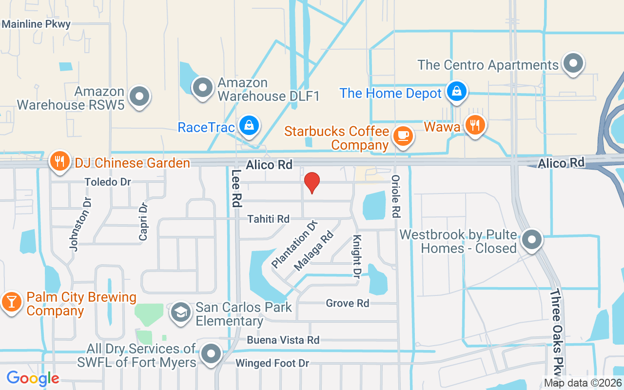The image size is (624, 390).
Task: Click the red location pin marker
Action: click(312, 183)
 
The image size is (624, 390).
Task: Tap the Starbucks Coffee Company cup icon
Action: click(403, 136)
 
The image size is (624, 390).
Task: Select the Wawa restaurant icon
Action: click(473, 125)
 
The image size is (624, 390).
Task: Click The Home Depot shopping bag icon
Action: click(457, 91)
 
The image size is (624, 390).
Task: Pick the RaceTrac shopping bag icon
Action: click(250, 126)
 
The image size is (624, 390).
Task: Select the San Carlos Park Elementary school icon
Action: click(181, 312)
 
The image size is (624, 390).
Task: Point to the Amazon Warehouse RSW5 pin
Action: click(140, 96)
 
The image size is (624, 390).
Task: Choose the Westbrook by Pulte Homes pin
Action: click(532, 240)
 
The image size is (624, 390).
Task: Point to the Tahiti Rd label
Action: click(268, 219)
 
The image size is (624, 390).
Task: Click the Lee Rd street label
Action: click(236, 188)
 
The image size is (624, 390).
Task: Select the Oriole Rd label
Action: click(396, 196)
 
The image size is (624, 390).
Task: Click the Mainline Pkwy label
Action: click(37, 24)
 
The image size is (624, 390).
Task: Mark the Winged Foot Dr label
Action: click(273, 363)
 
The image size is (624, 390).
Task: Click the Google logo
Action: click(33, 378)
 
